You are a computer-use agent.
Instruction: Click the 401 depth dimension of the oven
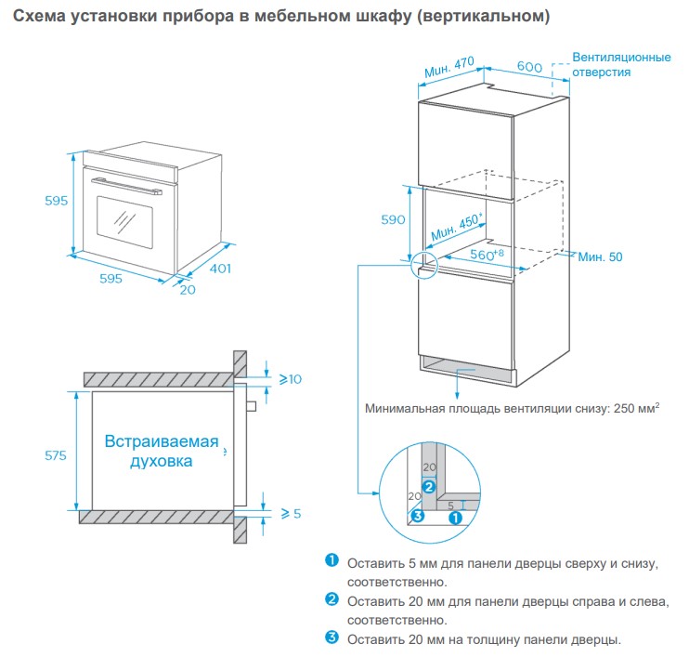(218, 269)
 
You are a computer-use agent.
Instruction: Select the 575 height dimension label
(57, 455)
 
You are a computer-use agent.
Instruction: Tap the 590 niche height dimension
(394, 220)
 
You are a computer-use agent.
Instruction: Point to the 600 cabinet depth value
(529, 67)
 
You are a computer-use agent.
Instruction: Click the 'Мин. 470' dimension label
(449, 68)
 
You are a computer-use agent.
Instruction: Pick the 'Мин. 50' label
(600, 256)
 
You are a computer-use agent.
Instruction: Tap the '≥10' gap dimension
(291, 379)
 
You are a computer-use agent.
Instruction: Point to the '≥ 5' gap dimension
(291, 513)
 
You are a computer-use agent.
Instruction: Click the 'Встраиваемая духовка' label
(162, 451)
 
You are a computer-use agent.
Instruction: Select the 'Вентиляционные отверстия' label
(621, 64)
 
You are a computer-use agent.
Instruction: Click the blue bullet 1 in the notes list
(331, 559)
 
